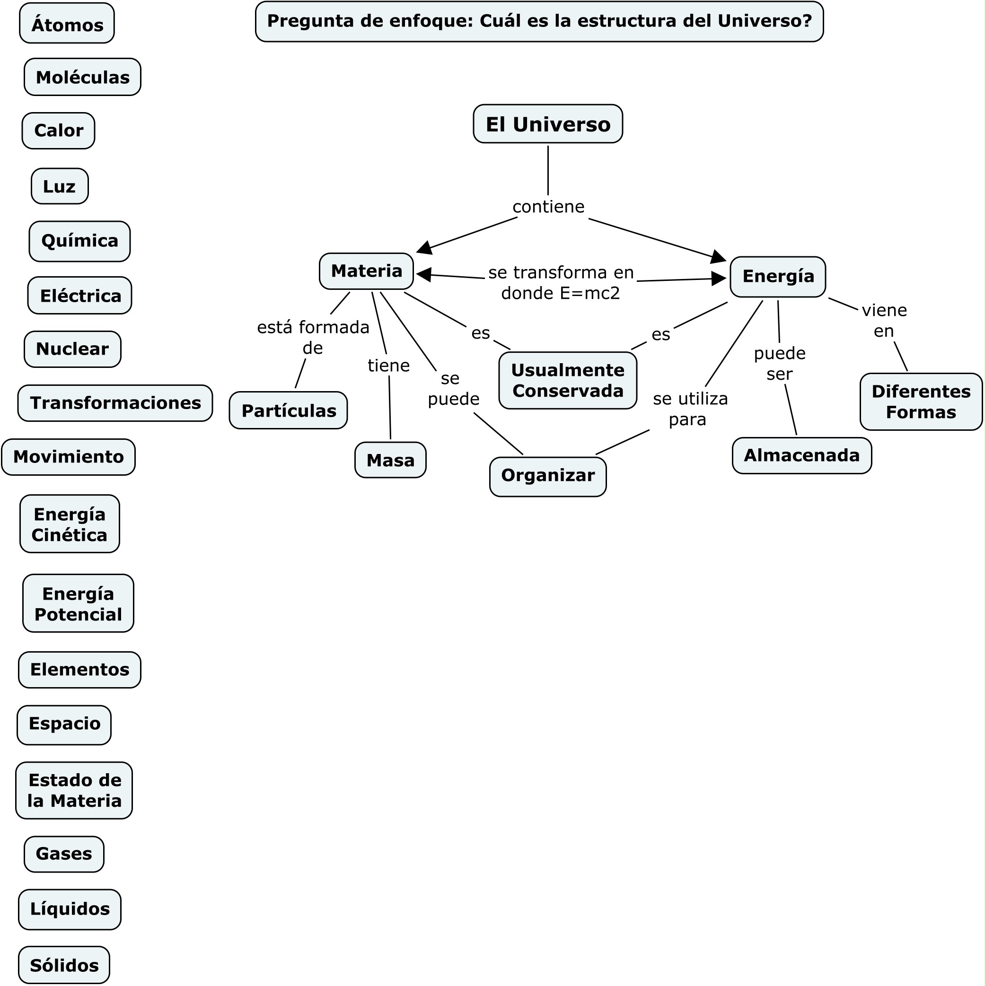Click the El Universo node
coord(547,124)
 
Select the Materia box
coord(366,271)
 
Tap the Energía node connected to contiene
coord(778,277)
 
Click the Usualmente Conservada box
coord(567,380)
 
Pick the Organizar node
coord(548,476)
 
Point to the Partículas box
coord(288,410)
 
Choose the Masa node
coord(390,460)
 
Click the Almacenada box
coord(802,455)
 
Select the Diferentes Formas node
coord(921,401)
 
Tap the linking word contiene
coord(548,207)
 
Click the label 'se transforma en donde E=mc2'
coord(561,283)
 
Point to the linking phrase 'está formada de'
coord(313,337)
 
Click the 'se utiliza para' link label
coord(690,409)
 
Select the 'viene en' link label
coord(884,321)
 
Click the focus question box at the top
coord(539,21)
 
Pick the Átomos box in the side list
coord(67,24)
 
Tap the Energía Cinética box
coord(70,524)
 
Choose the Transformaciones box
coord(115,402)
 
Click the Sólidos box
coord(64,965)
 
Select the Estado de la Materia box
coord(74,790)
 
